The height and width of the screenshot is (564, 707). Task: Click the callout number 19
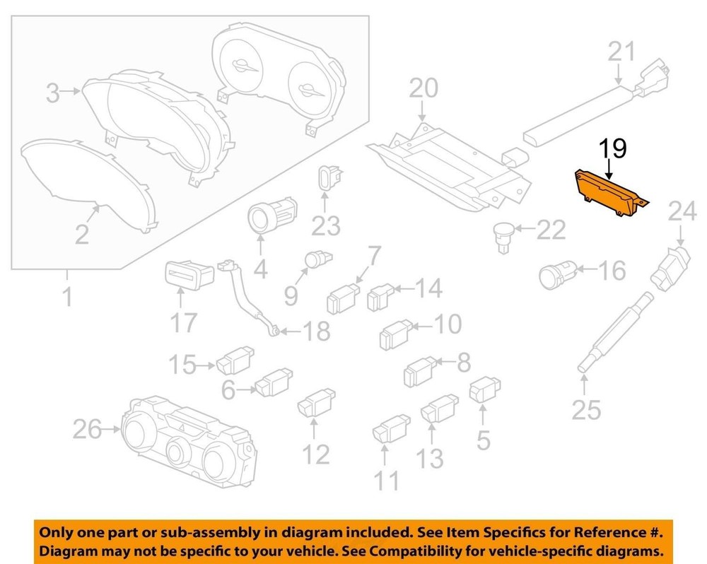613,148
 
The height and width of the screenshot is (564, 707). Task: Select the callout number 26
88,429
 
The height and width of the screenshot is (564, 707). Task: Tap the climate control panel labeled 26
188,442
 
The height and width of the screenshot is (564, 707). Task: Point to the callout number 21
621,51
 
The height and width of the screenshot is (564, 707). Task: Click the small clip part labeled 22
503,237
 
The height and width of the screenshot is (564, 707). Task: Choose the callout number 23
326,226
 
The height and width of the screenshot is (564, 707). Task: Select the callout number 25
586,410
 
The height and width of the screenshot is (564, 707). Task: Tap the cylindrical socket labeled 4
272,216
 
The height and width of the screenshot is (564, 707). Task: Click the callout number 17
184,323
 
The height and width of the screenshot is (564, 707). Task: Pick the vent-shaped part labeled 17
189,274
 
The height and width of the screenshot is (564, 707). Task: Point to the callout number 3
53,94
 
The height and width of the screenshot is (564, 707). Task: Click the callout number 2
81,235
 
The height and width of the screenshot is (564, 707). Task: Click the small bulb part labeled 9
318,259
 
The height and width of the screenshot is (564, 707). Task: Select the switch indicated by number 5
485,389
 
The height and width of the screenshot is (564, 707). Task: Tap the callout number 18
317,331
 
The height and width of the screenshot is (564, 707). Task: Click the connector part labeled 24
670,268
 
